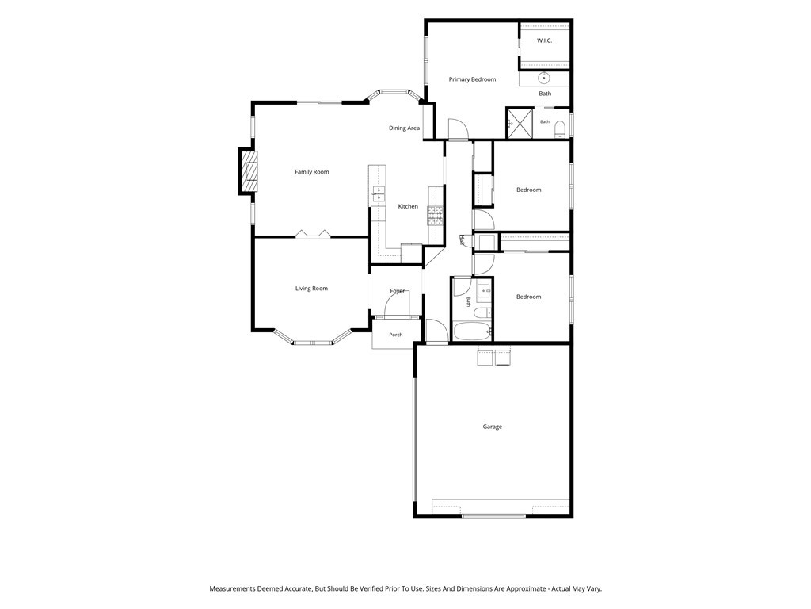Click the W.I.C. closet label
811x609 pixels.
(x=544, y=40)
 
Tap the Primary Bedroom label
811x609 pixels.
(x=472, y=79)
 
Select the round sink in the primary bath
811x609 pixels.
(x=543, y=79)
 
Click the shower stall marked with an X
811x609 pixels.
(x=520, y=123)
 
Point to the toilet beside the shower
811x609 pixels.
(x=560, y=128)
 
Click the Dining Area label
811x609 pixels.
(x=405, y=128)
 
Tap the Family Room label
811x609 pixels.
(x=312, y=172)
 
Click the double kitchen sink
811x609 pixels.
(x=378, y=193)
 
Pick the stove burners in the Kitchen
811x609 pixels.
(x=435, y=216)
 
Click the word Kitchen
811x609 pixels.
(x=408, y=207)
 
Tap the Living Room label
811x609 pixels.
(x=311, y=289)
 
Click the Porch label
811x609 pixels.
(x=396, y=335)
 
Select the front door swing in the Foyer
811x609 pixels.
(x=398, y=304)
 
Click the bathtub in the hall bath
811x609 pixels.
(x=472, y=331)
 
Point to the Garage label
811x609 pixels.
(x=493, y=427)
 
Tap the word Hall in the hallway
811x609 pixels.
(x=462, y=240)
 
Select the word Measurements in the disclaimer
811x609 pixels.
(x=232, y=589)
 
